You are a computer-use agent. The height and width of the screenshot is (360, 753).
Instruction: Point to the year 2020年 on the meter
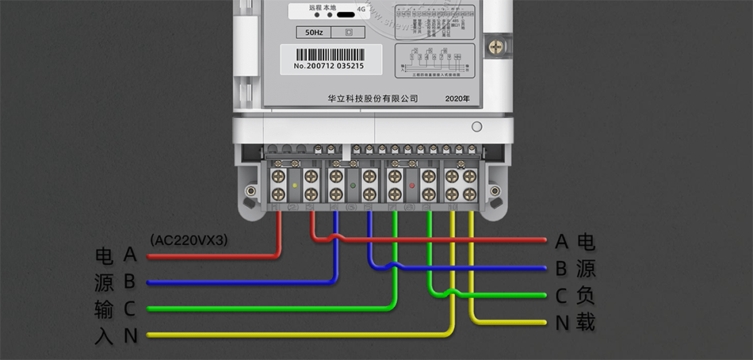point(457,98)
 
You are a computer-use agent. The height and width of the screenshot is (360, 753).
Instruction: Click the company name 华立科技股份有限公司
point(373,98)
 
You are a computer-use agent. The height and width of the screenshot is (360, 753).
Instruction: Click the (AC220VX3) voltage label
point(189,239)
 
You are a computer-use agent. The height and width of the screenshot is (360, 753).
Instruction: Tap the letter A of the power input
point(131,255)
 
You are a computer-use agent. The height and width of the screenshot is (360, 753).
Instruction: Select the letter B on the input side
point(131,281)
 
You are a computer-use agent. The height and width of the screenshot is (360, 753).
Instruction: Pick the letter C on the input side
point(131,308)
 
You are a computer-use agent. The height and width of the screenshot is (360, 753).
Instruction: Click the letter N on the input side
point(131,335)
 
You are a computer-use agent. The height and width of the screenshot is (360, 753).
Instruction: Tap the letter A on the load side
point(561,241)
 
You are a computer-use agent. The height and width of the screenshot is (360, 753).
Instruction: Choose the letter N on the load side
point(561,323)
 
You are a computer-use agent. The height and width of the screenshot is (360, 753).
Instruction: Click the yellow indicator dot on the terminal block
point(295,185)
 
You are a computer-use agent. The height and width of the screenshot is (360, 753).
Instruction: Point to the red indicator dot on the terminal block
point(412,185)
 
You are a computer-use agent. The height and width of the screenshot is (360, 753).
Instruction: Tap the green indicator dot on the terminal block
point(353,185)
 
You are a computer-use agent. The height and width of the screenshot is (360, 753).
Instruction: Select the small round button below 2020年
point(476,127)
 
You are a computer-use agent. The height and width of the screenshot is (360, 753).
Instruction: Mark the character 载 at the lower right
point(586,323)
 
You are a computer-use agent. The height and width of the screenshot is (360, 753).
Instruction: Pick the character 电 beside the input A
point(104,255)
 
